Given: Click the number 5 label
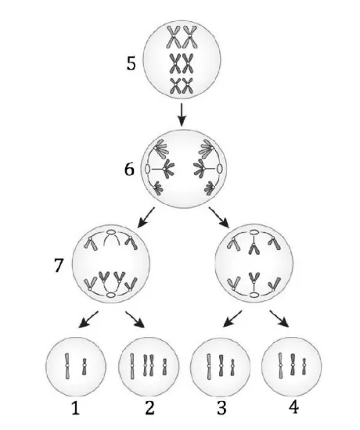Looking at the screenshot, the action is [131, 63].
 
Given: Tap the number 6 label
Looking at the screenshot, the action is [129, 169].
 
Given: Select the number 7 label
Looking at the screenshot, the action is [59, 265].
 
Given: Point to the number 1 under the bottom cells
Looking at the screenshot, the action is [75, 408].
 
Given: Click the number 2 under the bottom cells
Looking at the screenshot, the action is [149, 408].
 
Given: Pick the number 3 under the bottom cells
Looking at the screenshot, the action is [221, 408].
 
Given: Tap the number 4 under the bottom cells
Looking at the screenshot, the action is [293, 407].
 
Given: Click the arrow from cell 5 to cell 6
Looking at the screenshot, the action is [182, 115].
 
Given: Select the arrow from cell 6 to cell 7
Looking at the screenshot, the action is [146, 217].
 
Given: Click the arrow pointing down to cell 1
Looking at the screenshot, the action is [88, 319].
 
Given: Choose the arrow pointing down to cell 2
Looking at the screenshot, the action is [135, 320].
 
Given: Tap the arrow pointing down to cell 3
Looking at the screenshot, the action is [232, 319].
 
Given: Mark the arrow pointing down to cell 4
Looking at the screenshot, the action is [279, 319].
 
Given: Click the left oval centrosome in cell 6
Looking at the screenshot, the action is [147, 169].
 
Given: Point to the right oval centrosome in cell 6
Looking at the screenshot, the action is [219, 168].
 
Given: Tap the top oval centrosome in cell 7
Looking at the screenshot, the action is [111, 232].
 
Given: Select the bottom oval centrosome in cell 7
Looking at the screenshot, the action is [111, 295].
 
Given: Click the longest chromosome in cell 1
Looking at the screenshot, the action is [67, 366].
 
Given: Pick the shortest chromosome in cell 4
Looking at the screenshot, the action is [304, 367].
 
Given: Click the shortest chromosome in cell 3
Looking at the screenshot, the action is [232, 367].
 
